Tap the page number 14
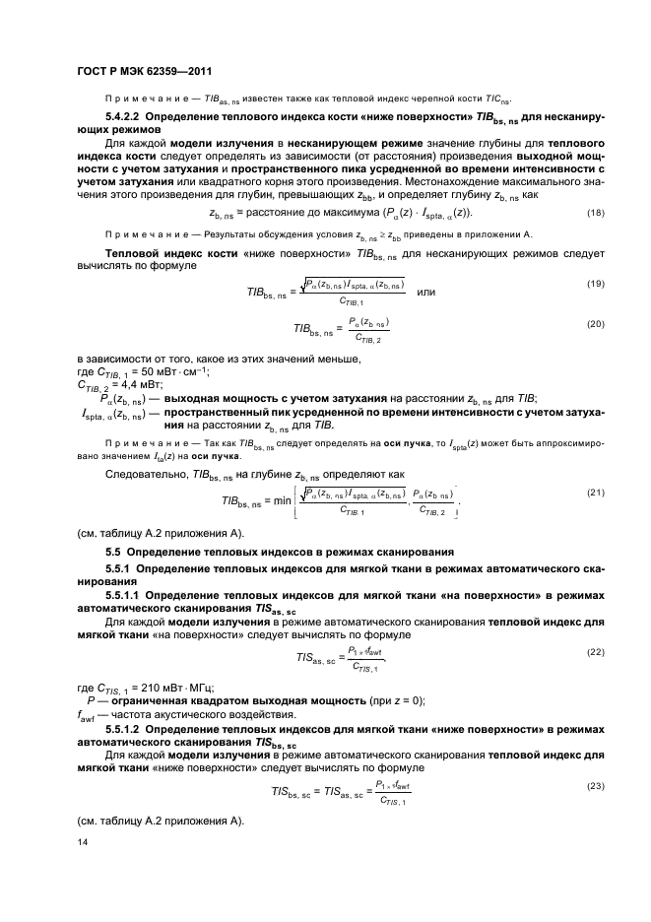point(82,842)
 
